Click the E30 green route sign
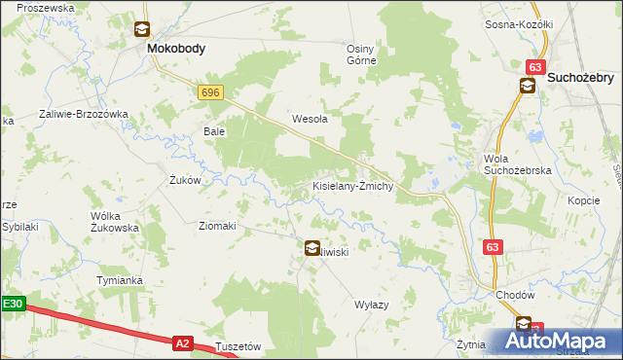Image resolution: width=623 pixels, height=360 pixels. click(x=12, y=305)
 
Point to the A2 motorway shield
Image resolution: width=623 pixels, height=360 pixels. click(x=183, y=342)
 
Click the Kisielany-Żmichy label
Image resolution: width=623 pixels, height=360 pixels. click(x=352, y=186)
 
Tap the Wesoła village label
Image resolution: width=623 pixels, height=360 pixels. click(x=310, y=120)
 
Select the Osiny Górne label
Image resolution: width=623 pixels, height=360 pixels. click(x=367, y=54)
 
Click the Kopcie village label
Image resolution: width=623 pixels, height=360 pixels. click(x=582, y=199)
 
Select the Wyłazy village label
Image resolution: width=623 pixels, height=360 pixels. click(x=371, y=305)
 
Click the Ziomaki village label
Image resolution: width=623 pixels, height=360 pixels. click(x=217, y=226)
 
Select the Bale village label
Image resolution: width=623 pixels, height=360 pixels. click(x=214, y=130)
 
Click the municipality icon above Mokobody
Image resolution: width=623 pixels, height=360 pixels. click(x=142, y=29)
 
